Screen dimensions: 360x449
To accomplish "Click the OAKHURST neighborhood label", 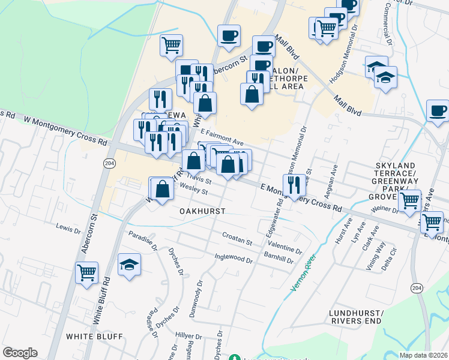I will pos(202,211).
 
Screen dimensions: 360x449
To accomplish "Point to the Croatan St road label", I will pos(237,239).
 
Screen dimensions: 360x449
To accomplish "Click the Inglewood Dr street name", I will pos(234,258).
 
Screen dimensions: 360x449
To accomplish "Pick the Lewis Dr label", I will pos(68,229).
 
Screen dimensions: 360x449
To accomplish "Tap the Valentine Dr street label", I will pos(285,248).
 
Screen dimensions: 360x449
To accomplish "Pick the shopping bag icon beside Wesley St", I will pos(163,189).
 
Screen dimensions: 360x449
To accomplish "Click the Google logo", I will pos(20,353).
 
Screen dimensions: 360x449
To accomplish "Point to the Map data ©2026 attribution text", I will pos(423,355).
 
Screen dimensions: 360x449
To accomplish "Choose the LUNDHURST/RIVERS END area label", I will pos(355,317).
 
